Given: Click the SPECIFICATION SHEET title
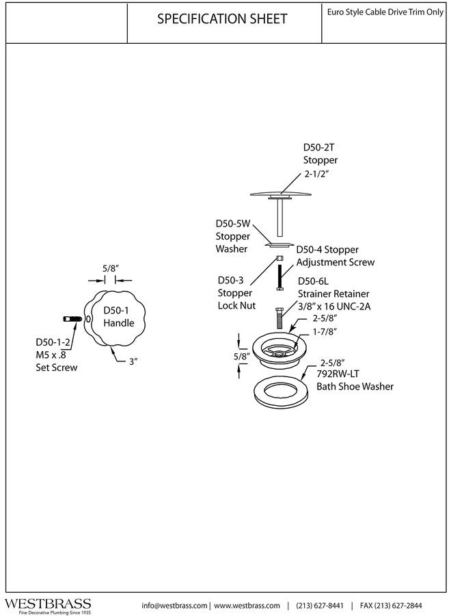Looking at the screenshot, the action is tap(222, 19).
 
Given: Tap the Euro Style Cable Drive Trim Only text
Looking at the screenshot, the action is tap(385, 12).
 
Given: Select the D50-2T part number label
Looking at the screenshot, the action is tap(319, 147).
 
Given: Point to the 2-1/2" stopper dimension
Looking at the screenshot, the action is tap(316, 174).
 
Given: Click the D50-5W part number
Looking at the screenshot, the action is tap(233, 224).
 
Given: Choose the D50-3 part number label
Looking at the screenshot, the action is tap(230, 281).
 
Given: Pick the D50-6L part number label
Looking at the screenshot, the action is tap(313, 281).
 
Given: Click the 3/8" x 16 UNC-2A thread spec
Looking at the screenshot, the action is tap(334, 307).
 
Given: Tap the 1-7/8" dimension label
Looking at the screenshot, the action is tap(325, 332).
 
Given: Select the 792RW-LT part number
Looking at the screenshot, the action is tap(338, 374).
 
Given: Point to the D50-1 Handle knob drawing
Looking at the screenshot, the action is tap(114, 319).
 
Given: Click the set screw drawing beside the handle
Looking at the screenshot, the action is tap(73, 318).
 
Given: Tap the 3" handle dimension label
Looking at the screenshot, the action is tap(134, 361).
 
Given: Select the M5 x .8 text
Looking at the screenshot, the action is tap(51, 355).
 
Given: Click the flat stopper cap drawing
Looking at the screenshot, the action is tap(280, 194).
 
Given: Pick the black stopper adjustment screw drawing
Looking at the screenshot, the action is tap(279, 277).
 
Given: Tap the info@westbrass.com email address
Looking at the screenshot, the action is tap(174, 606).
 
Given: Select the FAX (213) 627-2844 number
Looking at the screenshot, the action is tap(391, 606).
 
